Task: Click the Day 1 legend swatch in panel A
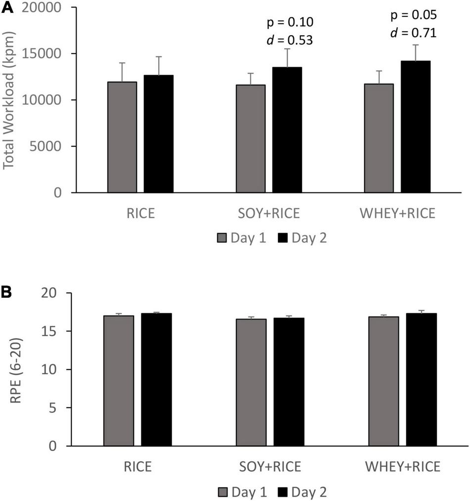[222, 239]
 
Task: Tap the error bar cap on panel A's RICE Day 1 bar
[122, 63]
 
